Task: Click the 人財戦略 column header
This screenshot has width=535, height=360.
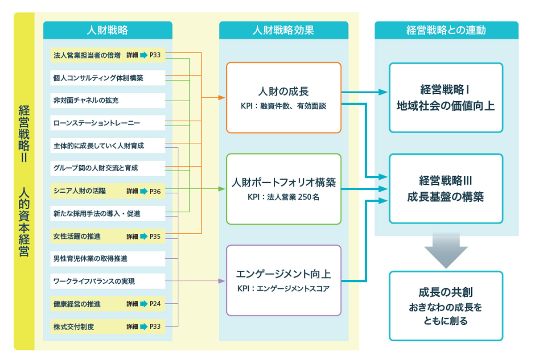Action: coord(107,30)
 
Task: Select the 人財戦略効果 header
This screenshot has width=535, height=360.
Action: coord(284,30)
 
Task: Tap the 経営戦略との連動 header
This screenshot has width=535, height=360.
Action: coord(446,30)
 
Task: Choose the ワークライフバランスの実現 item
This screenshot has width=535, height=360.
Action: coord(94,281)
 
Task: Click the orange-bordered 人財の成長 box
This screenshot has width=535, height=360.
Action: coord(284,98)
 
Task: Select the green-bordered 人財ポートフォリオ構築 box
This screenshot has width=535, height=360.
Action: coord(284,189)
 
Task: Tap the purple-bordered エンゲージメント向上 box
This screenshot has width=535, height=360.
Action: coord(284,280)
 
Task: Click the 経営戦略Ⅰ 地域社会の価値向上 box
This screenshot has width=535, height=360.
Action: coord(446,98)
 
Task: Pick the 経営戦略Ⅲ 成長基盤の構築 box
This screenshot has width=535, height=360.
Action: coord(446,189)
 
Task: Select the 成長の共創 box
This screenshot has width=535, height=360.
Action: coord(446,306)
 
